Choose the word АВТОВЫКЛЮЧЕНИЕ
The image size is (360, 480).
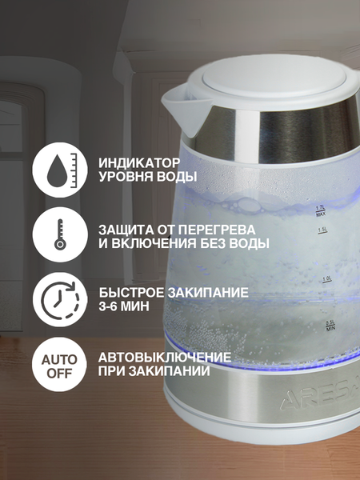[x=165, y=356]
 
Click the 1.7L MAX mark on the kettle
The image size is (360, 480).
[x=319, y=210]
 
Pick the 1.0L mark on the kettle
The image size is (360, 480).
[x=326, y=279]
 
